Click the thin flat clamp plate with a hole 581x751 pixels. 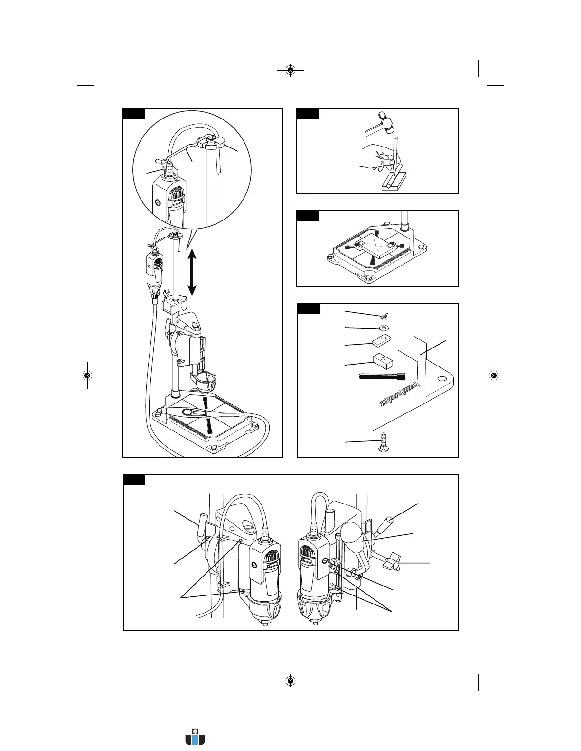point(381,340)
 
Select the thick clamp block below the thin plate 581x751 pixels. point(382,361)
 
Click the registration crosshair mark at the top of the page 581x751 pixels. point(291,71)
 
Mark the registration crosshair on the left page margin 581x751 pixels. point(87,375)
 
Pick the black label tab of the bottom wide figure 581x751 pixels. point(134,480)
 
